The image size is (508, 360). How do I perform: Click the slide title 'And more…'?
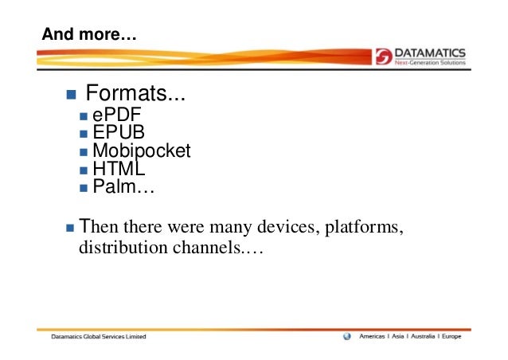[x=89, y=35]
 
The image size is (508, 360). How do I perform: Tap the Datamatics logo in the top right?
[x=420, y=57]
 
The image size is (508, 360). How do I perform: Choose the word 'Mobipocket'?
[x=142, y=151]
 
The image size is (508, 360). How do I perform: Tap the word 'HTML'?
[x=118, y=169]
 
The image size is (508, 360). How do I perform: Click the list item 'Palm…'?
[x=123, y=188]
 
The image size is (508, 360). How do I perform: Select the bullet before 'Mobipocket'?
[x=85, y=153]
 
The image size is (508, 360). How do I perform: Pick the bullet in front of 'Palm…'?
[x=85, y=189]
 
